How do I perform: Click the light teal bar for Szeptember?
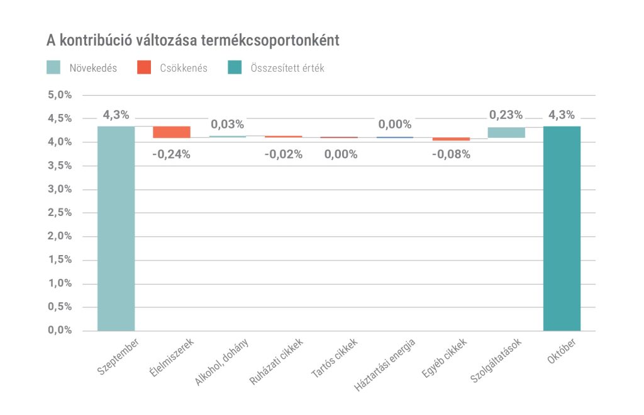tap(116, 228)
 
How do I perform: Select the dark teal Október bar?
tap(562, 228)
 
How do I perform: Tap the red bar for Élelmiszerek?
tap(172, 132)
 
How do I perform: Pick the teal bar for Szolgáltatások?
tap(506, 132)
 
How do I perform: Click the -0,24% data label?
tap(171, 154)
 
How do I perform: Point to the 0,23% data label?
tap(506, 115)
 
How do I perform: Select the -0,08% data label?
tap(451, 154)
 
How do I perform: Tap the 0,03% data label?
tap(227, 124)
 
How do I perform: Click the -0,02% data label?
tap(283, 154)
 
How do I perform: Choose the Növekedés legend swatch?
tap(54, 68)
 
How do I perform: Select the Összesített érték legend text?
tap(287, 68)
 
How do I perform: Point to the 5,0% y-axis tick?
tap(60, 95)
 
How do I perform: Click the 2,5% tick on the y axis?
tap(60, 213)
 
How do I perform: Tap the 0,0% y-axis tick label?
tap(60, 331)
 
